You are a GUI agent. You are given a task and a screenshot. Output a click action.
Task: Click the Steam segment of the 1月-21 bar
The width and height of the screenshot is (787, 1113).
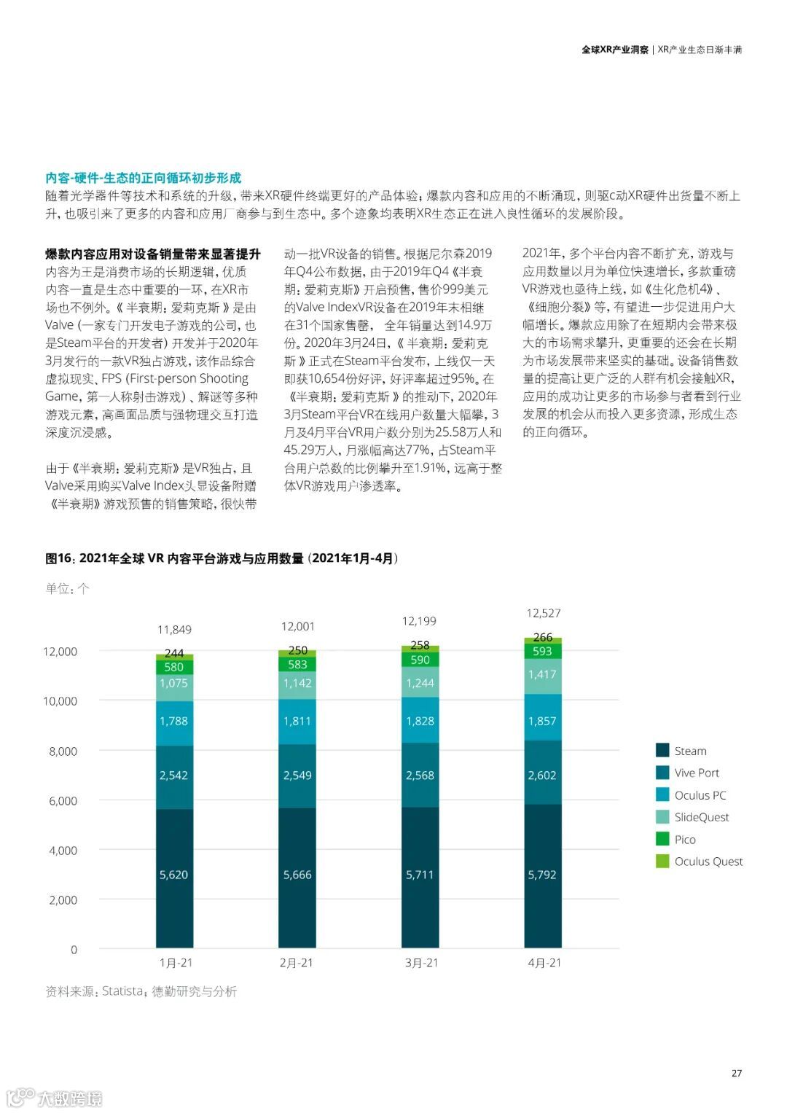point(174,875)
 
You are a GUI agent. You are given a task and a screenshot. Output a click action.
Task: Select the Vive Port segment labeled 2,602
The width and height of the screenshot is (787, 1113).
point(542,775)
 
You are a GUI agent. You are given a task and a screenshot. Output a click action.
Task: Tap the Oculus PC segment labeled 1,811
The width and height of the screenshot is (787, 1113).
point(297,721)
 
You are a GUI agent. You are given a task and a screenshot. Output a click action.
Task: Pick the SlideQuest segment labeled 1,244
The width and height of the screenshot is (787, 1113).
point(420,683)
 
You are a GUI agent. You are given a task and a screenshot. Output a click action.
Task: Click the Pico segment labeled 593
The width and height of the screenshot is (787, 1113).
point(542,652)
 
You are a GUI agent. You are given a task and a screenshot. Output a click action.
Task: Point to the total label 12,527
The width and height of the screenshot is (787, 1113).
point(544,613)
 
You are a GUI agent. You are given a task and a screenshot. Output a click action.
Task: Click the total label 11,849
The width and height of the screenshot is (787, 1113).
point(174,630)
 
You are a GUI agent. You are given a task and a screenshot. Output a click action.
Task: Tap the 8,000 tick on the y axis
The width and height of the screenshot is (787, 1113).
point(63,751)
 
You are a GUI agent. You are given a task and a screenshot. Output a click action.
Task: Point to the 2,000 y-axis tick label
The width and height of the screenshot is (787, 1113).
point(63,900)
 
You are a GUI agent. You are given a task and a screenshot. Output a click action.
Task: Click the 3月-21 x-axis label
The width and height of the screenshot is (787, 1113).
point(421,963)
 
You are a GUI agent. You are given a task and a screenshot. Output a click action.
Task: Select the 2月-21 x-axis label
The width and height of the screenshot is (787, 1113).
point(296,963)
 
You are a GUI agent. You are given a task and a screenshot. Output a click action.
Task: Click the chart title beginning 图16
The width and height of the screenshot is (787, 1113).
point(222,558)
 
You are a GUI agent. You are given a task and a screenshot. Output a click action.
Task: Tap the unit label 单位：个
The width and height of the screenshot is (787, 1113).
point(67,588)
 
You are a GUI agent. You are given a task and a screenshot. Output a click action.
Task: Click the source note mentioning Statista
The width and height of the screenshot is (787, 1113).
point(141,991)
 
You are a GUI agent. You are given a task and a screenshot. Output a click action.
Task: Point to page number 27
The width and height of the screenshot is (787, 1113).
point(736,1073)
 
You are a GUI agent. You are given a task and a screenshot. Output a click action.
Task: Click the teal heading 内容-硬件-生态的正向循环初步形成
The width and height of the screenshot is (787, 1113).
point(143,178)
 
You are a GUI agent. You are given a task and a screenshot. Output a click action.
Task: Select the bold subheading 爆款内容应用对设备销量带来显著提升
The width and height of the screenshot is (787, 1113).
point(153,254)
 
